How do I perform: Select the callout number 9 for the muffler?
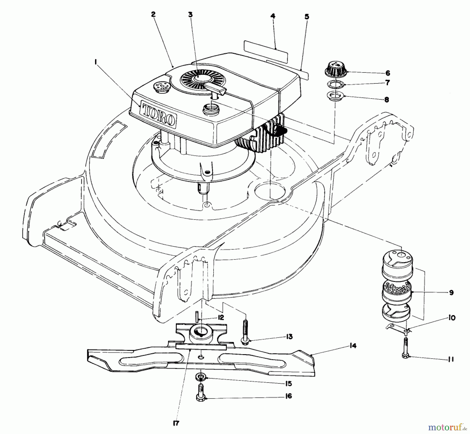[x=451, y=293]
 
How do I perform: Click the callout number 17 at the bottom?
[x=176, y=423]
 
